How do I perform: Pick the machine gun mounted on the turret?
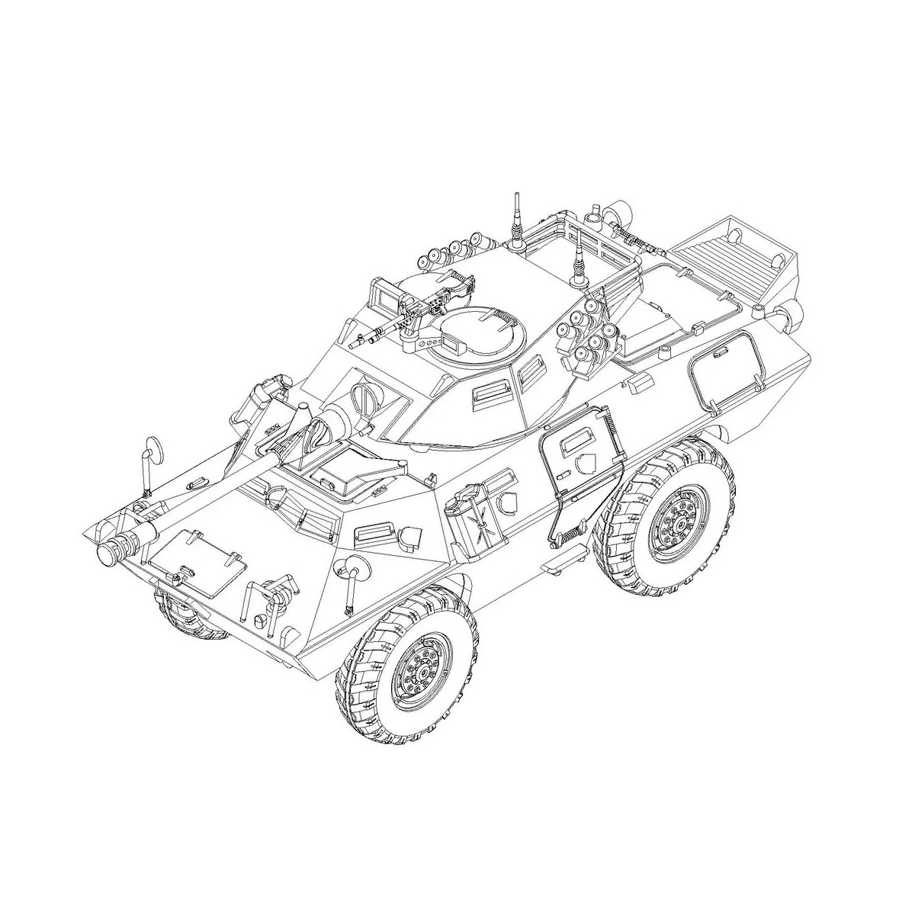(412, 311)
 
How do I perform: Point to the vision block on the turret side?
(490, 393)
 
